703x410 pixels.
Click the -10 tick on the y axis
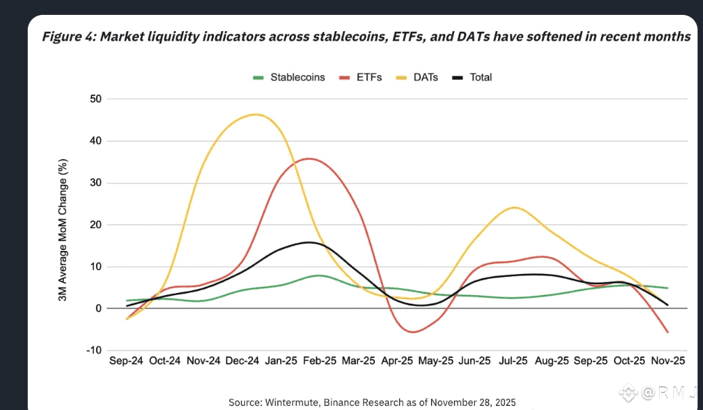click(x=93, y=350)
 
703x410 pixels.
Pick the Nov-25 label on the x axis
click(x=668, y=361)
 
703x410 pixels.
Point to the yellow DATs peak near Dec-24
click(x=255, y=114)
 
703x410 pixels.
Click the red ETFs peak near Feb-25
click(x=309, y=158)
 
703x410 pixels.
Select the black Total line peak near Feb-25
click(x=309, y=242)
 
